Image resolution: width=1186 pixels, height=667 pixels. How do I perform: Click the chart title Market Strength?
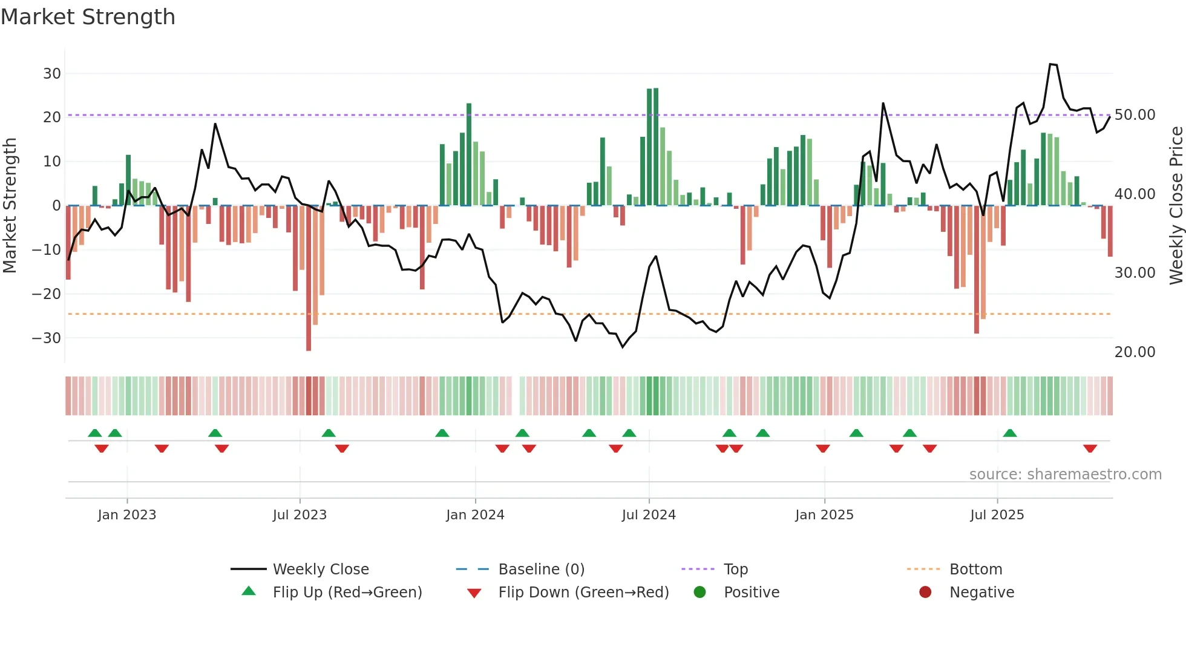[x=88, y=16]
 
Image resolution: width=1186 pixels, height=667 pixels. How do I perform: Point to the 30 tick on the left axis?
[x=52, y=74]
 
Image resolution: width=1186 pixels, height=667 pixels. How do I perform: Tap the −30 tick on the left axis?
[x=47, y=338]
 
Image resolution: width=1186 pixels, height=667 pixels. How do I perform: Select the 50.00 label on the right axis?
[x=1135, y=115]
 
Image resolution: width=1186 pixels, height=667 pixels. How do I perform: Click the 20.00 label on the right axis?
[x=1135, y=352]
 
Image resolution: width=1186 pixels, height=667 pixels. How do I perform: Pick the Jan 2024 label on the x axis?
[x=475, y=515]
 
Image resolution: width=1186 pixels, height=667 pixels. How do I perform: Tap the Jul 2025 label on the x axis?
[x=997, y=515]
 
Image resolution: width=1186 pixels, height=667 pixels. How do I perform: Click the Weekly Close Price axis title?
[x=1176, y=206]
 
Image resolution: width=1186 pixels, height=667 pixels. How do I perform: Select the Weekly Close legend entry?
[x=320, y=570]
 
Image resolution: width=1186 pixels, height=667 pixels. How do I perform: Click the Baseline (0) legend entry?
[x=541, y=570]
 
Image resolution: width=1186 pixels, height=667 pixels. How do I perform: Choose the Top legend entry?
[x=736, y=570]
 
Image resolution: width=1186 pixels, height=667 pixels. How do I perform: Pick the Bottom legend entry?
[x=975, y=570]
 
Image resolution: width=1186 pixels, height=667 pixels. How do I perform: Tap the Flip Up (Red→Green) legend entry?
[x=347, y=593]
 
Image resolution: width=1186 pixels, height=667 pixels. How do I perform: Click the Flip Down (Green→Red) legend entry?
[x=583, y=593]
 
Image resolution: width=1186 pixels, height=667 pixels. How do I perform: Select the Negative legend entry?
[x=981, y=593]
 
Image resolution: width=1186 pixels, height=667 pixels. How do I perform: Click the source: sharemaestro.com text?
[x=1065, y=475]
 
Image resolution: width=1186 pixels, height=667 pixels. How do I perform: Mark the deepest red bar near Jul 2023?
[x=309, y=278]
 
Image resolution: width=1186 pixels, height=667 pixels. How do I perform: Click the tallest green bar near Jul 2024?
[x=656, y=147]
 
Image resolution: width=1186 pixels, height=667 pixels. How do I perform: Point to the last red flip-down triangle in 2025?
[x=1090, y=448]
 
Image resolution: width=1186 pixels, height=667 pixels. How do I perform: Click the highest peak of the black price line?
[x=1051, y=64]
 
